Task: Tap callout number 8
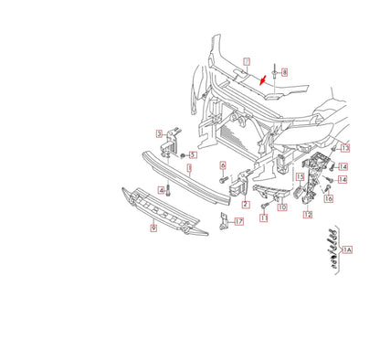point(284,71)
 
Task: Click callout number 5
point(193,154)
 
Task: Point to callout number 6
point(223,164)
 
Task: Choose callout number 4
point(162,190)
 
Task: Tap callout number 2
point(245,205)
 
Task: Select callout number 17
point(238,221)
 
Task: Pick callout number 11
point(263,219)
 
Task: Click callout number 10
point(281,207)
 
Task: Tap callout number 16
point(329,198)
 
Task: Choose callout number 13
point(344,147)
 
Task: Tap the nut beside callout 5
point(181,154)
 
